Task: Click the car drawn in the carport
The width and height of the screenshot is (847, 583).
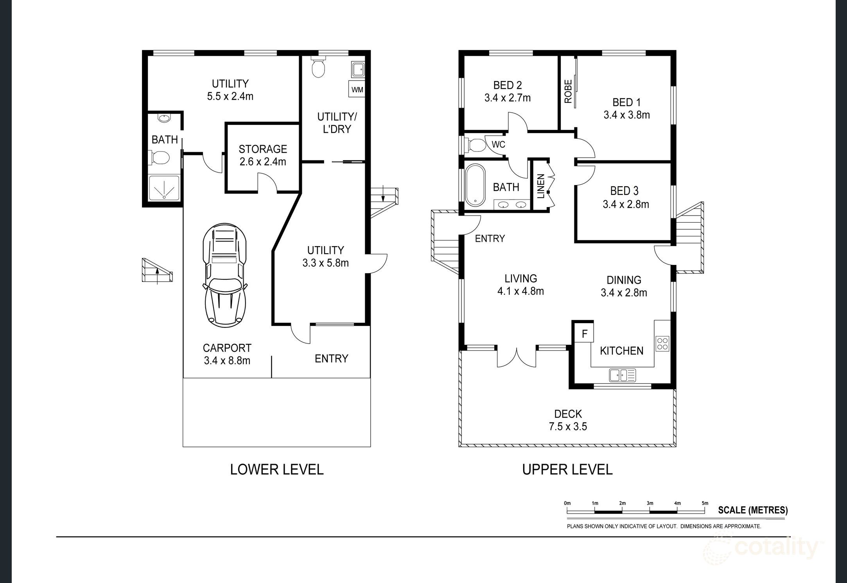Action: [224, 275]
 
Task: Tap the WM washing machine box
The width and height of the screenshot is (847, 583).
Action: [357, 89]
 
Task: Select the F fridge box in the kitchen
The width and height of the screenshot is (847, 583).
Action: [585, 333]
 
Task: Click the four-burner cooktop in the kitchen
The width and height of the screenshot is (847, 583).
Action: [662, 343]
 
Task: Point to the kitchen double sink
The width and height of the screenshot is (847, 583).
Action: [623, 375]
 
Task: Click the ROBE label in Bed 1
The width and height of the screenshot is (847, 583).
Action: [568, 92]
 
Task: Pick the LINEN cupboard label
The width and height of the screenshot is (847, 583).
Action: [541, 187]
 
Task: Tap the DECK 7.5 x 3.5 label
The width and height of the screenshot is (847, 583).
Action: [568, 420]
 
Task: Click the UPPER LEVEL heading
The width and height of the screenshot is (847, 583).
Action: [567, 469]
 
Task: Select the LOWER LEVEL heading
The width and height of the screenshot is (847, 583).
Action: [277, 469]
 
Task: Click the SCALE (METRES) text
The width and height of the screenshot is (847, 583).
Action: [753, 510]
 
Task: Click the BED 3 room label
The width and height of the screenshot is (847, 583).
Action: [624, 191]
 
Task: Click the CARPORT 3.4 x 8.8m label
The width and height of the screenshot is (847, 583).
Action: [227, 354]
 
